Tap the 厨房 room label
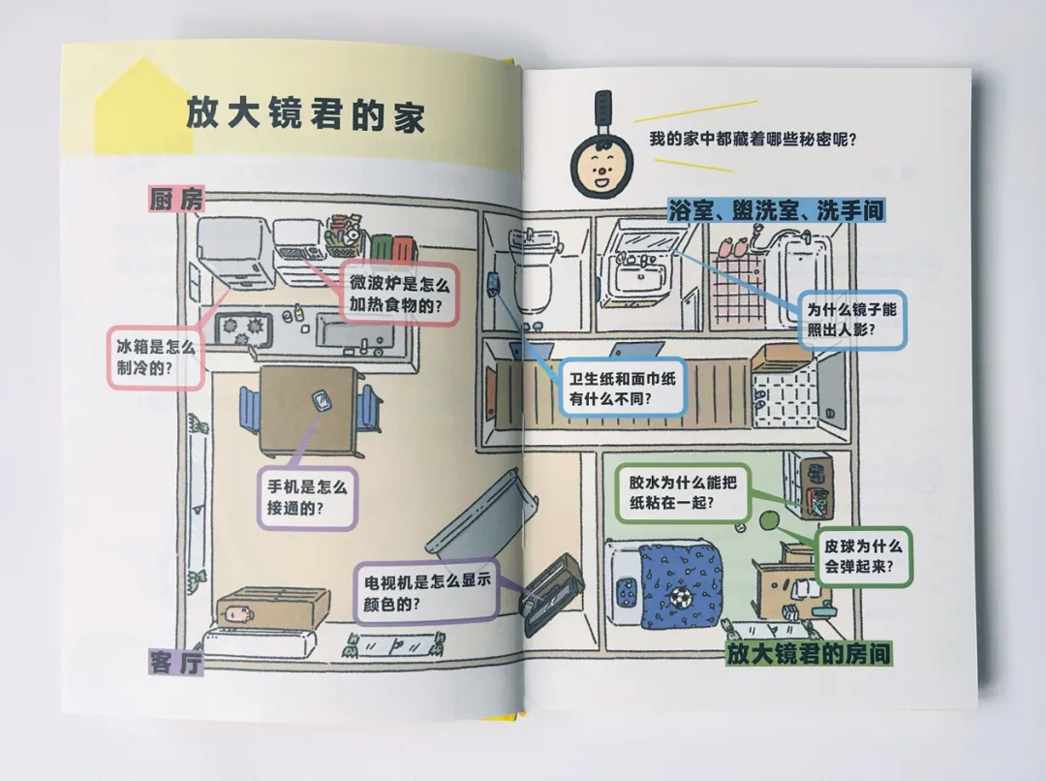tap(175, 200)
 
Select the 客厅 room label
tap(175, 662)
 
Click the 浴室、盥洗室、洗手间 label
tap(776, 209)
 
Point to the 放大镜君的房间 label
tap(809, 654)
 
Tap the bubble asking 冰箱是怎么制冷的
tap(156, 356)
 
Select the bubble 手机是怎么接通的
tap(307, 497)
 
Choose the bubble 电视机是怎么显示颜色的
tap(425, 593)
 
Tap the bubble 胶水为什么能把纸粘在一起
tap(684, 491)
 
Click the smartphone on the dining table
tap(319, 399)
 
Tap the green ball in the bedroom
tap(771, 521)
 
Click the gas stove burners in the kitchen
tap(242, 328)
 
